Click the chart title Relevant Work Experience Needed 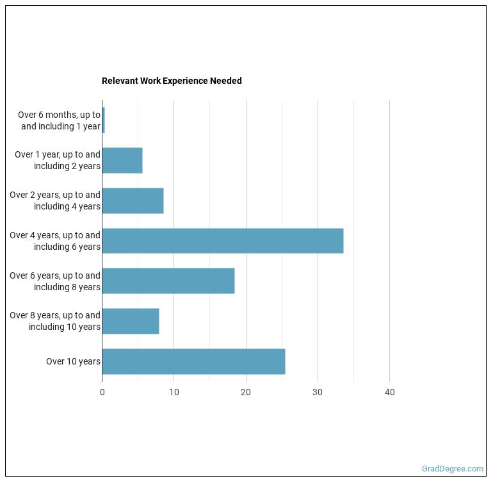pos(172,81)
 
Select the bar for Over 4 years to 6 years pos(222,241)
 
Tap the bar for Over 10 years pos(193,361)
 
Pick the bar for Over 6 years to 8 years pos(168,281)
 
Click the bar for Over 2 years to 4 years pos(133,201)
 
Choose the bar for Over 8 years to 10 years pos(130,321)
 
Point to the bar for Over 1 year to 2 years pos(122,160)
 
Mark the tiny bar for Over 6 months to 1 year pos(103,120)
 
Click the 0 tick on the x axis pos(102,393)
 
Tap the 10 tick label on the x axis pos(174,393)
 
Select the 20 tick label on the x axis pos(245,393)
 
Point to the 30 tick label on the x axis pos(318,393)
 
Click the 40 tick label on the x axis pos(389,393)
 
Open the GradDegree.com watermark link pos(453,469)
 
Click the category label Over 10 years pos(73,361)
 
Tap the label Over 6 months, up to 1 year pos(59,120)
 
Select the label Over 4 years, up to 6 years pos(55,241)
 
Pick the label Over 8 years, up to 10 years pos(55,321)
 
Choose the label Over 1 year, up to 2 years pos(58,160)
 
